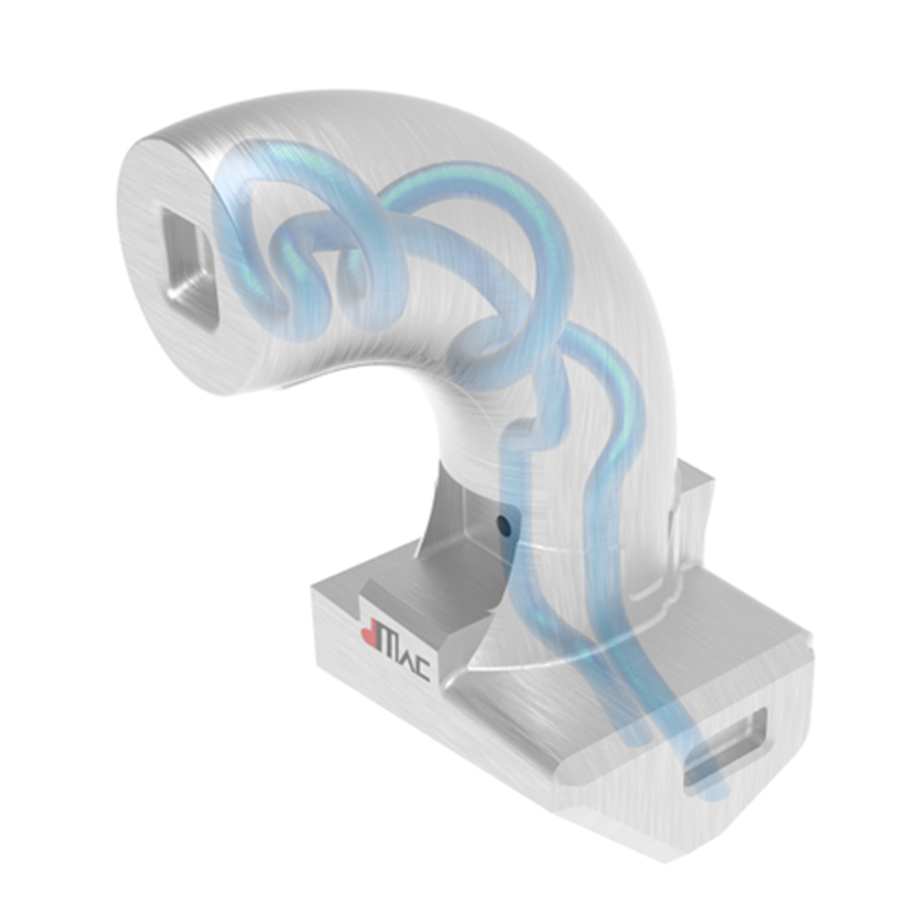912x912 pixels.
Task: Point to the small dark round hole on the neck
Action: [x=501, y=523]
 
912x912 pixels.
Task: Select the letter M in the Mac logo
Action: [x=392, y=648]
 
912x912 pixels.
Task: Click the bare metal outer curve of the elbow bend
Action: [x=620, y=274]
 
